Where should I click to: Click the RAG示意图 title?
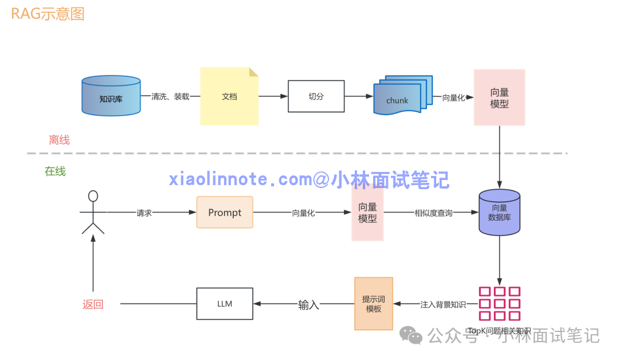pyautogui.click(x=48, y=14)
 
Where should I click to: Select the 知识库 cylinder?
pyautogui.click(x=111, y=96)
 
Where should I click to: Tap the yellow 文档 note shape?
pyautogui.click(x=229, y=96)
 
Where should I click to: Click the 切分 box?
pyautogui.click(x=316, y=96)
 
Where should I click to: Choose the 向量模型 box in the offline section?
pyautogui.click(x=499, y=97)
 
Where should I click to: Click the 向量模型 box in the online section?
pyautogui.click(x=367, y=213)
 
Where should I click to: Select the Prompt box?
pyautogui.click(x=225, y=213)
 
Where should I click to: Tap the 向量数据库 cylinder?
pyautogui.click(x=499, y=213)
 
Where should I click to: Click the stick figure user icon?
pyautogui.click(x=93, y=213)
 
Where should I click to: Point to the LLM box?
pyautogui.click(x=225, y=303)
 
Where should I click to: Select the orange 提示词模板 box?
pyautogui.click(x=374, y=303)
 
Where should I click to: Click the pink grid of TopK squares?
pyautogui.click(x=499, y=304)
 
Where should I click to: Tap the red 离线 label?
pyautogui.click(x=59, y=140)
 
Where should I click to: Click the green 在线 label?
pyautogui.click(x=55, y=171)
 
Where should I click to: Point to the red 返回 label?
pyautogui.click(x=93, y=304)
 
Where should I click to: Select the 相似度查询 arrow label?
pyautogui.click(x=433, y=213)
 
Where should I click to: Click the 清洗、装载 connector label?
pyautogui.click(x=170, y=97)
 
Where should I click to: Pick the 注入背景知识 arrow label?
pyautogui.click(x=443, y=304)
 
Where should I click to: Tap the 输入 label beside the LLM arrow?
pyautogui.click(x=308, y=305)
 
